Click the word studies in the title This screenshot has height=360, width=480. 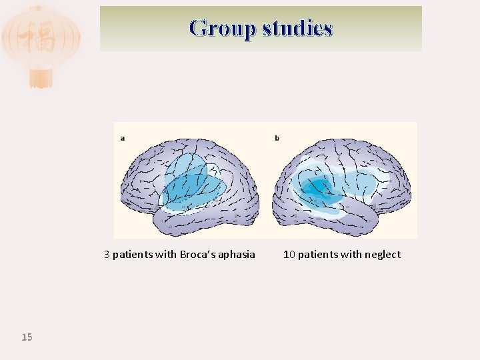297,28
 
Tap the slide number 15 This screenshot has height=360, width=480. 27,337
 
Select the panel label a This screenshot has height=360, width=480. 123,138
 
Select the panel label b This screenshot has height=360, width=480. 277,138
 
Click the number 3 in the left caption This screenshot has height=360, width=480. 107,254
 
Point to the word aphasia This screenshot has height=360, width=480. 237,254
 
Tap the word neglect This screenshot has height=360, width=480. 383,254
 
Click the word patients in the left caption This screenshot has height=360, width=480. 132,254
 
